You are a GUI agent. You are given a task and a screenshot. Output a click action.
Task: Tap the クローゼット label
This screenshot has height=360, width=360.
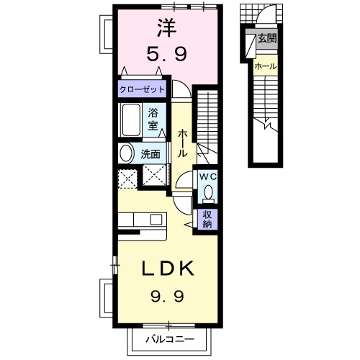click(143, 89)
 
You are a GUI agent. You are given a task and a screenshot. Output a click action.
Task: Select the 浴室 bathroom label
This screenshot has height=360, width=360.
click(154, 118)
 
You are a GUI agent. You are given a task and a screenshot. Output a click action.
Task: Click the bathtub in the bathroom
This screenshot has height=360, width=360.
click(132, 120)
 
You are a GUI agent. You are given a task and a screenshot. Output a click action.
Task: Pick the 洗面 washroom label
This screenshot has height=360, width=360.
click(150, 153)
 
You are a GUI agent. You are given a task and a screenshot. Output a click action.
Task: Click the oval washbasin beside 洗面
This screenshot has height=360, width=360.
click(127, 153)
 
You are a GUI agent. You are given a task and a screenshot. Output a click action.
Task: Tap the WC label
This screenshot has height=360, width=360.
click(207, 176)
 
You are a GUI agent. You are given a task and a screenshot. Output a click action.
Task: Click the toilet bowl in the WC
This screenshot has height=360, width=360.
click(207, 192)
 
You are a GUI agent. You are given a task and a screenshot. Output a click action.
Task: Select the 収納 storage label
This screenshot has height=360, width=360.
click(207, 217)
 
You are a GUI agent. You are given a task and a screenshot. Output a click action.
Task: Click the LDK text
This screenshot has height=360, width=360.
click(168, 269)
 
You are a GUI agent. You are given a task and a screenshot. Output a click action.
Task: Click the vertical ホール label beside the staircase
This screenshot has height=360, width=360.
click(182, 143)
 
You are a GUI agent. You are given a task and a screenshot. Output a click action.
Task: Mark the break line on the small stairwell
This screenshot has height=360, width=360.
click(268, 125)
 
